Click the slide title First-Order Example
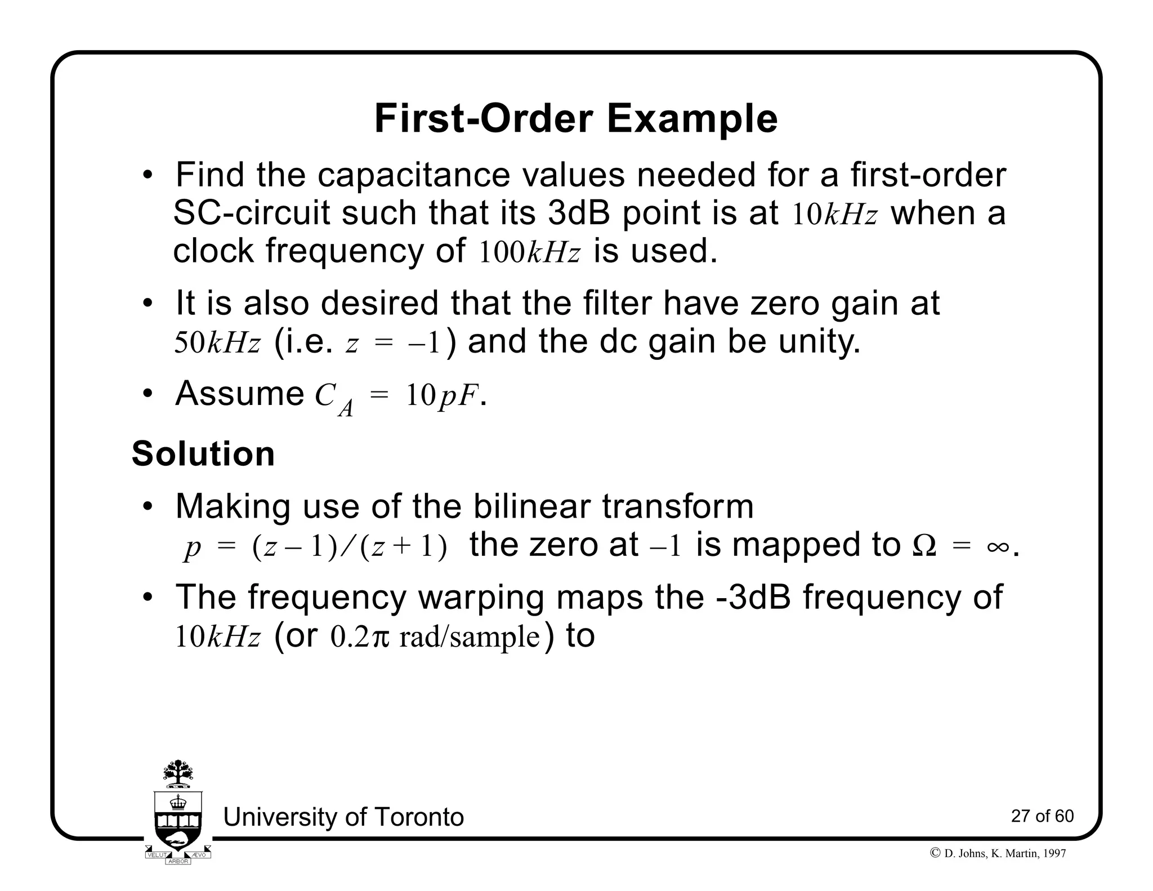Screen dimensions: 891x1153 pos(575,119)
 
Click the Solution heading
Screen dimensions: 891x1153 pos(203,454)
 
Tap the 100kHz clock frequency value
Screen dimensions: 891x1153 pos(529,252)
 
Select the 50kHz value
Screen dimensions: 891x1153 pos(217,343)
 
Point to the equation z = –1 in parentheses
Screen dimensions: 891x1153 pos(392,343)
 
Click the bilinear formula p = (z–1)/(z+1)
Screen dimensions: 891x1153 pos(315,547)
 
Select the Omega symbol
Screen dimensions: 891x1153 pos(923,546)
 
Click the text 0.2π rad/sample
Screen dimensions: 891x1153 pos(435,637)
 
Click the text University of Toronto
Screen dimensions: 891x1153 pos(343,817)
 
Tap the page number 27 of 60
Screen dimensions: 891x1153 pos(1042,816)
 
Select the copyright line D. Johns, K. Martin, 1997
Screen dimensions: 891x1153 pos(998,853)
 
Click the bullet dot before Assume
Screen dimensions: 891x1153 pos(148,394)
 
